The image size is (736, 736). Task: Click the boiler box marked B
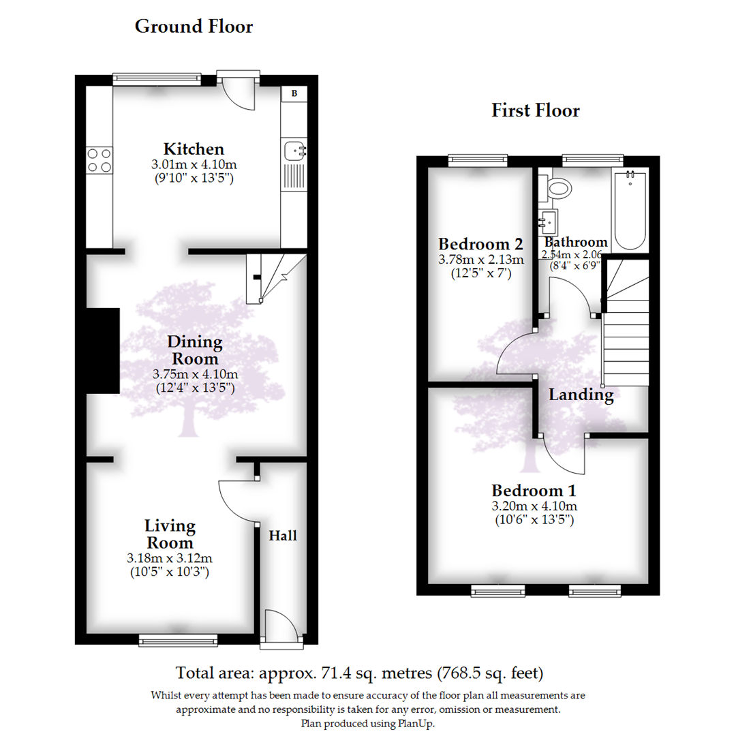click(294, 93)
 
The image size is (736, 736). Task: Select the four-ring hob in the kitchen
click(99, 161)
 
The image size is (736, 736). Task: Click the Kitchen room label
click(194, 149)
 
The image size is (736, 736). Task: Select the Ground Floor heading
click(194, 27)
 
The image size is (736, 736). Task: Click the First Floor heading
click(536, 111)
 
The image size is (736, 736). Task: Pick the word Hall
click(283, 536)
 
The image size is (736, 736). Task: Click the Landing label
click(581, 395)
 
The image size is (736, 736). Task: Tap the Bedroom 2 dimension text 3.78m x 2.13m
click(480, 260)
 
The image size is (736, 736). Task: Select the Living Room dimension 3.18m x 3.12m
click(170, 559)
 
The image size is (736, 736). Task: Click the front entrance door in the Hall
click(281, 626)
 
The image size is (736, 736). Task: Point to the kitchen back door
click(239, 92)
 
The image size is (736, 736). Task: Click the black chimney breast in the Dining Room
click(102, 351)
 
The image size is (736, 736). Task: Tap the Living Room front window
click(178, 639)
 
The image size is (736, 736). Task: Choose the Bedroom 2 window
click(478, 160)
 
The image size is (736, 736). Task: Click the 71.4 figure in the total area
click(333, 674)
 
